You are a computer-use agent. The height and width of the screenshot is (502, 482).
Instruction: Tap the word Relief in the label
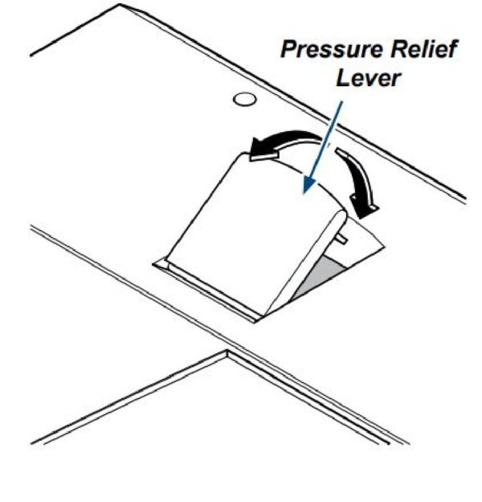(421, 50)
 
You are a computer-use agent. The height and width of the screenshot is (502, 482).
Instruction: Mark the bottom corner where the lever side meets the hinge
(261, 315)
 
